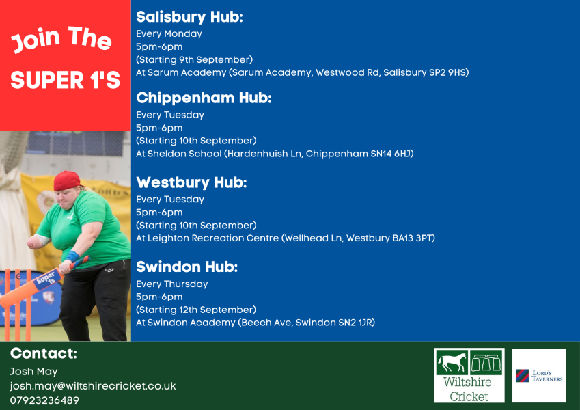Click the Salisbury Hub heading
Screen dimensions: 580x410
click(x=189, y=17)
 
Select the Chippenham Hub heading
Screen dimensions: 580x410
click(x=204, y=98)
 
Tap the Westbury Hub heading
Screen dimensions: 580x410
click(x=191, y=182)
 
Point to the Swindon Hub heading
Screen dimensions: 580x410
click(x=187, y=266)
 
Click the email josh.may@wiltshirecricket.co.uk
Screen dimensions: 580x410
click(x=93, y=386)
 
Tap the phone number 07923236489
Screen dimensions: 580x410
click(x=44, y=400)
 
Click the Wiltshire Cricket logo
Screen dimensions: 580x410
click(x=469, y=375)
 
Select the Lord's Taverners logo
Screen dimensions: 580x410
click(x=539, y=376)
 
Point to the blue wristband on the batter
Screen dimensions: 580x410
click(x=72, y=256)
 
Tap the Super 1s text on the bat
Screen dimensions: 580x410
click(x=46, y=279)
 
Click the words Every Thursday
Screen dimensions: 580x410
click(x=172, y=284)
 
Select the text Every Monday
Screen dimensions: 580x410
click(x=169, y=33)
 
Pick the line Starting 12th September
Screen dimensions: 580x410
click(x=196, y=310)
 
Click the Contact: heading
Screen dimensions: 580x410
click(x=44, y=353)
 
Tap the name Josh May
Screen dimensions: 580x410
click(x=33, y=372)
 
